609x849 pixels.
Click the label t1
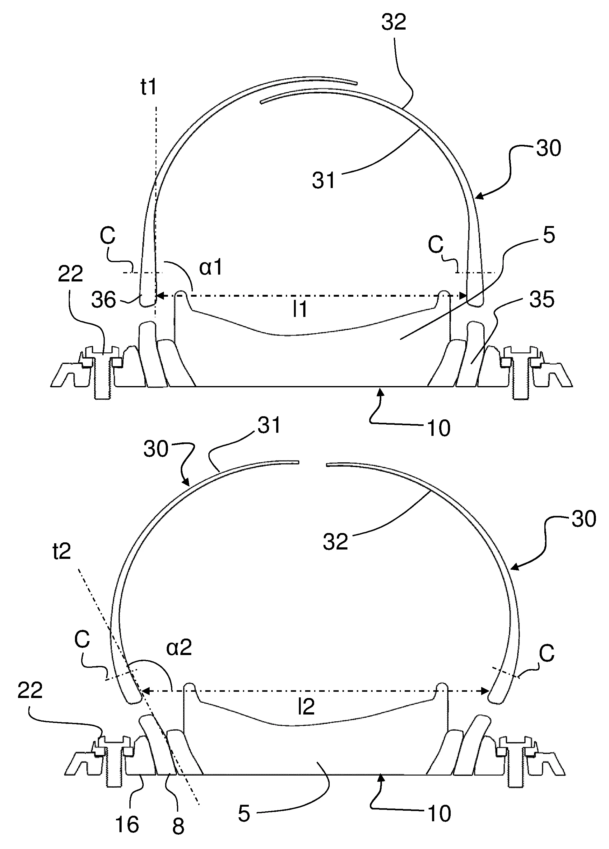coord(149,87)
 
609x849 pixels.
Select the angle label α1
coord(211,268)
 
